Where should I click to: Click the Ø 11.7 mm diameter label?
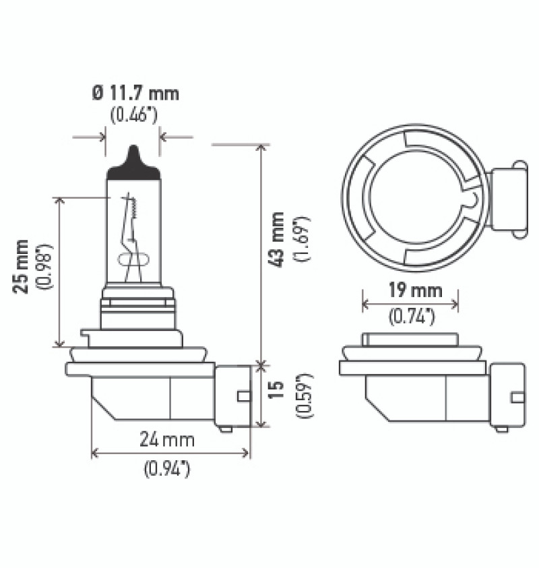pyautogui.click(x=135, y=93)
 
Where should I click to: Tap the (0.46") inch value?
pyautogui.click(x=133, y=114)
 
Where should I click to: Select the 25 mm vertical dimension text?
pyautogui.click(x=22, y=265)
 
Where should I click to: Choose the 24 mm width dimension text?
pyautogui.click(x=167, y=440)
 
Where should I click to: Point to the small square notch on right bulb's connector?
pyautogui.click(x=517, y=397)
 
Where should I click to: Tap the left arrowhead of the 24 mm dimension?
pyautogui.click(x=95, y=453)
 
